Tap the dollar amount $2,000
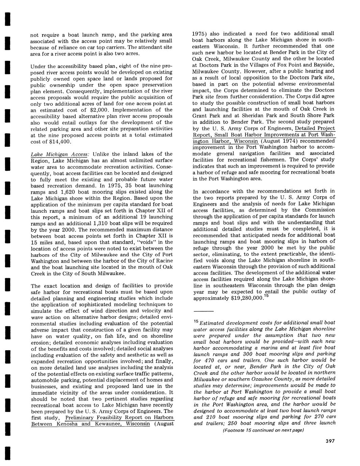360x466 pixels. pyautogui.click(x=100, y=110)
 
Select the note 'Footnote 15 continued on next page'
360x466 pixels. pyautogui.click(x=263, y=430)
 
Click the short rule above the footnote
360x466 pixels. pyautogui.click(x=203, y=311)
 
